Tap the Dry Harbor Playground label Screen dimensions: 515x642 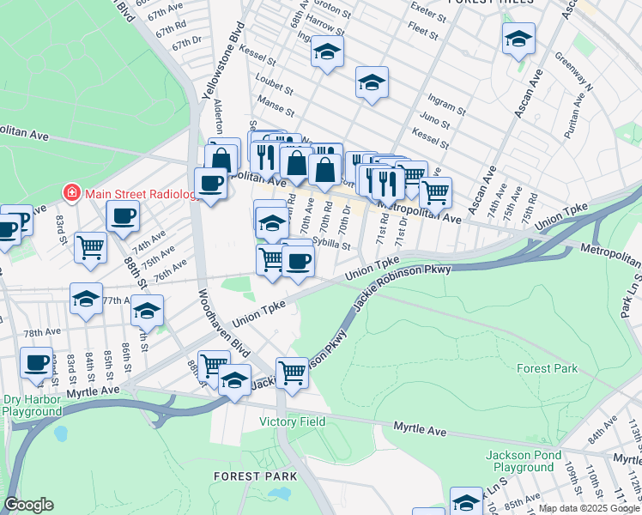click(31, 405)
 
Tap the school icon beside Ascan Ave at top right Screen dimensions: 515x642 click(518, 39)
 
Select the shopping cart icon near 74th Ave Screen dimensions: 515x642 click(90, 248)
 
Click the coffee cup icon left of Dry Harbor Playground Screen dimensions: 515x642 click(36, 362)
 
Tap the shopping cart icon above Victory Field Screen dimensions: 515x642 click(292, 373)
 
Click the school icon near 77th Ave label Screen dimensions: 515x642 click(86, 299)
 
